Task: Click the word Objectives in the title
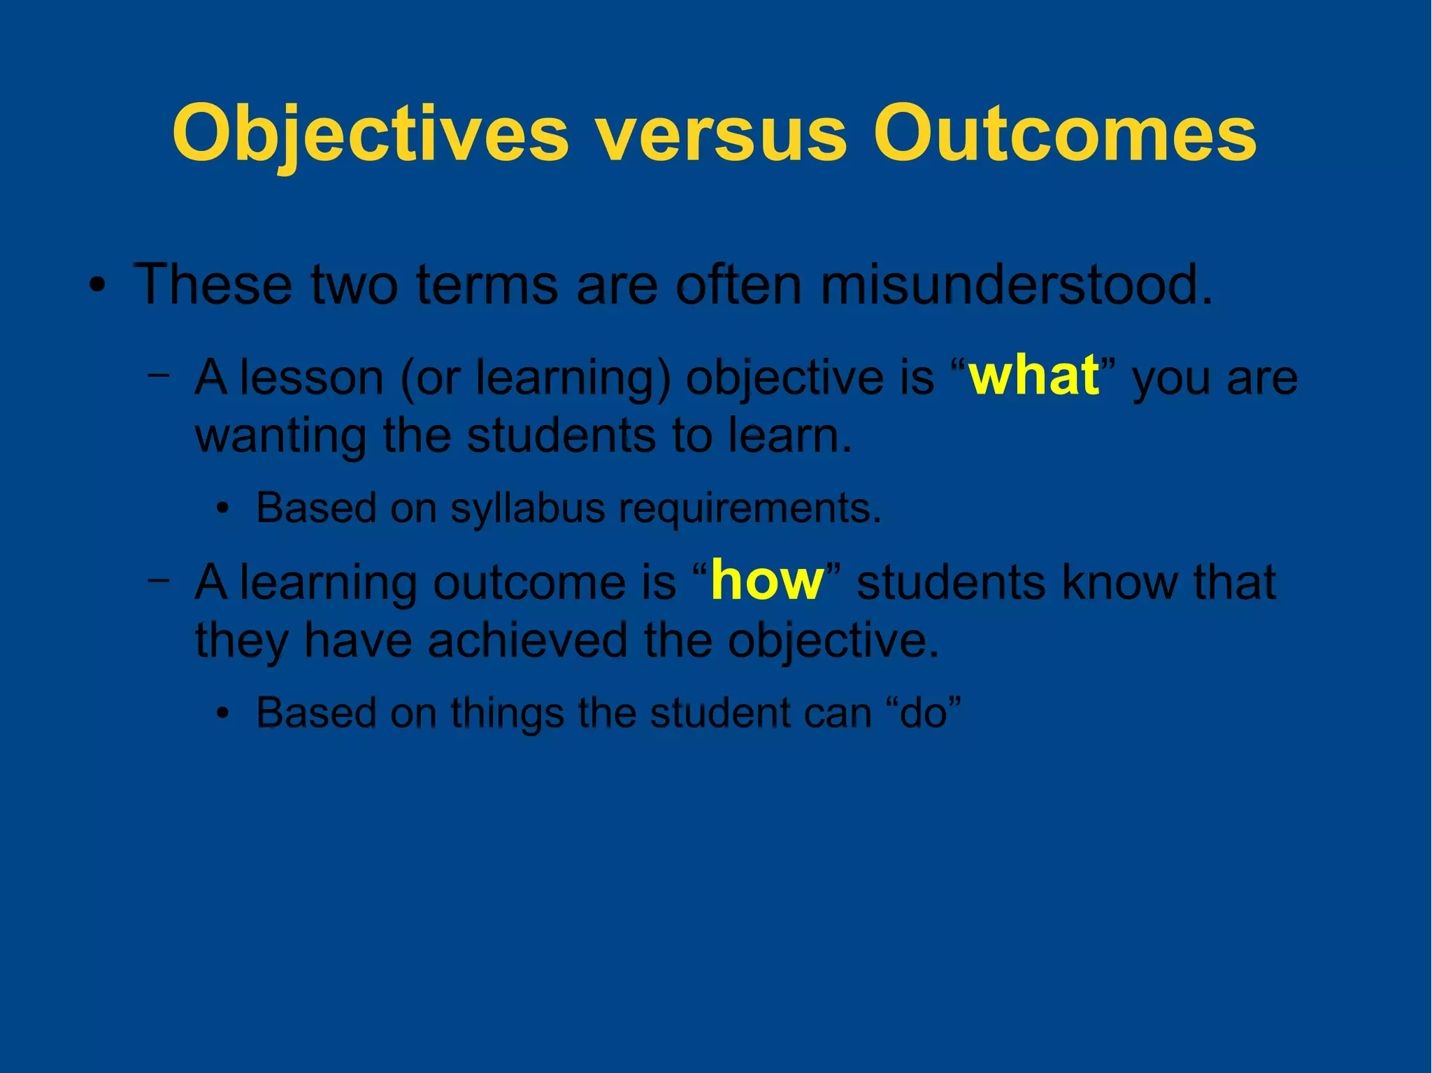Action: click(371, 133)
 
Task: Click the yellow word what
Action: click(1034, 375)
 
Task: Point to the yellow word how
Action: click(768, 581)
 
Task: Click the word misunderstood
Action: click(1016, 285)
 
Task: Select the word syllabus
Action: click(527, 507)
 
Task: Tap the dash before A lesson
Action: click(159, 375)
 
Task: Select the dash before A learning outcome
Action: click(159, 579)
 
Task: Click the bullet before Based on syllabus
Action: click(222, 509)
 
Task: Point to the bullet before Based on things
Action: click(222, 714)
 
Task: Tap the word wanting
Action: click(280, 435)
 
